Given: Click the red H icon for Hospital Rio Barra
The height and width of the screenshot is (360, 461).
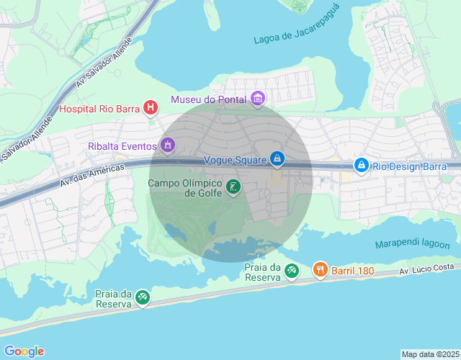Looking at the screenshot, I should click(x=151, y=109).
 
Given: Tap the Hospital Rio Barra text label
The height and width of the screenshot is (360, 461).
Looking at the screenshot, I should click(x=99, y=109).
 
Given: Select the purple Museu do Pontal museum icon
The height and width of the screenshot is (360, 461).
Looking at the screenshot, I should click(x=258, y=99).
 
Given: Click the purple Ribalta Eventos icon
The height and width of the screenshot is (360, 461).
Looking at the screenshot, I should click(x=168, y=146).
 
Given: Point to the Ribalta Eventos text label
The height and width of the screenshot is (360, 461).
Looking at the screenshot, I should click(x=122, y=146).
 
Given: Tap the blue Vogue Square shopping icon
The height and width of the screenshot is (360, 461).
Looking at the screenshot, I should click(x=277, y=158).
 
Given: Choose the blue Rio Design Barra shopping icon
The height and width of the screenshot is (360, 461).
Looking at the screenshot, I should click(x=361, y=166).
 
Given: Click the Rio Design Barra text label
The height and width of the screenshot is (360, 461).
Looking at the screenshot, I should click(x=410, y=166).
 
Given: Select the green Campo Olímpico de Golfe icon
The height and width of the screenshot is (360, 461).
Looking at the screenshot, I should click(x=233, y=188).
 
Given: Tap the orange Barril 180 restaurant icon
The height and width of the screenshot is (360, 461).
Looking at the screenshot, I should click(x=321, y=270).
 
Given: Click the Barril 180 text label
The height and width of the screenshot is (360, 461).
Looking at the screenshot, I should click(x=353, y=271).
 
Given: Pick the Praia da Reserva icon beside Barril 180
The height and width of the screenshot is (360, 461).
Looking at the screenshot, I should click(x=291, y=271).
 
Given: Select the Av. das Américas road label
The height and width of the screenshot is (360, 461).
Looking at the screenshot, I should click(x=92, y=175).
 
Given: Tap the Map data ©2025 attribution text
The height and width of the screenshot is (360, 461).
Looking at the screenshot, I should click(x=429, y=354).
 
